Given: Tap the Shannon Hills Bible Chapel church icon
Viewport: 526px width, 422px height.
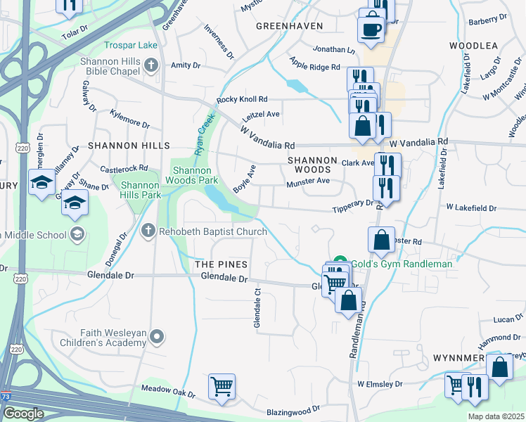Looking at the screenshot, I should (x=150, y=66).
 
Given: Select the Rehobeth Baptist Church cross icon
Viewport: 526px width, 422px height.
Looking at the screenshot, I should (x=148, y=231).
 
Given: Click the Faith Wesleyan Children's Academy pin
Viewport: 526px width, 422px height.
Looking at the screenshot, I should (x=158, y=338).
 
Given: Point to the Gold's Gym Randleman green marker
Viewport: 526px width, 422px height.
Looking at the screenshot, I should (x=340, y=262).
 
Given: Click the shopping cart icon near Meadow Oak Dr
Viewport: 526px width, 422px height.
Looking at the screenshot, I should (x=222, y=385).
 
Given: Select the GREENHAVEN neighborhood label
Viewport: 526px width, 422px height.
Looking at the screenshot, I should (x=289, y=26).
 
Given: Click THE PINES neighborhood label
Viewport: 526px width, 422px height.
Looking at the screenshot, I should (x=221, y=264).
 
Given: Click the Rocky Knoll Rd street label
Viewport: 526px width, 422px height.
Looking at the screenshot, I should (x=243, y=100).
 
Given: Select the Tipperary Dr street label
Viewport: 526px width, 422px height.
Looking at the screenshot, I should (x=352, y=203).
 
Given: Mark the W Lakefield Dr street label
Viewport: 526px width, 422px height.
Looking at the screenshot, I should (x=471, y=208).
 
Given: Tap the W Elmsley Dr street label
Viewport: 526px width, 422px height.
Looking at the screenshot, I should (x=380, y=385).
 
